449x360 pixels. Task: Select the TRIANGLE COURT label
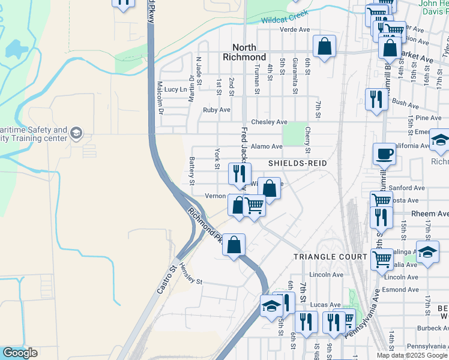[330, 256]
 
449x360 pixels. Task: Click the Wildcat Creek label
[285, 17]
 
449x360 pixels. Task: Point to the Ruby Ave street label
[216, 110]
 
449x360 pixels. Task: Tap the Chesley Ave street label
[269, 122]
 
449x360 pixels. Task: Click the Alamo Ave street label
[267, 146]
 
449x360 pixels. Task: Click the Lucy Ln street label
[175, 89]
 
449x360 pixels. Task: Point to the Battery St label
[192, 171]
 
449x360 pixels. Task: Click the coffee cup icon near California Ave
[384, 154]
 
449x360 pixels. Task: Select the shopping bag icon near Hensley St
[234, 244]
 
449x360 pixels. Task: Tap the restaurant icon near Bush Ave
[376, 98]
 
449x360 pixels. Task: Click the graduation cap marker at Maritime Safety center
[76, 133]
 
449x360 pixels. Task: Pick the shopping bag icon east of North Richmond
[324, 46]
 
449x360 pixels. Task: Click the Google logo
[20, 353]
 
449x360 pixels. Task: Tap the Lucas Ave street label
[327, 304]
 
